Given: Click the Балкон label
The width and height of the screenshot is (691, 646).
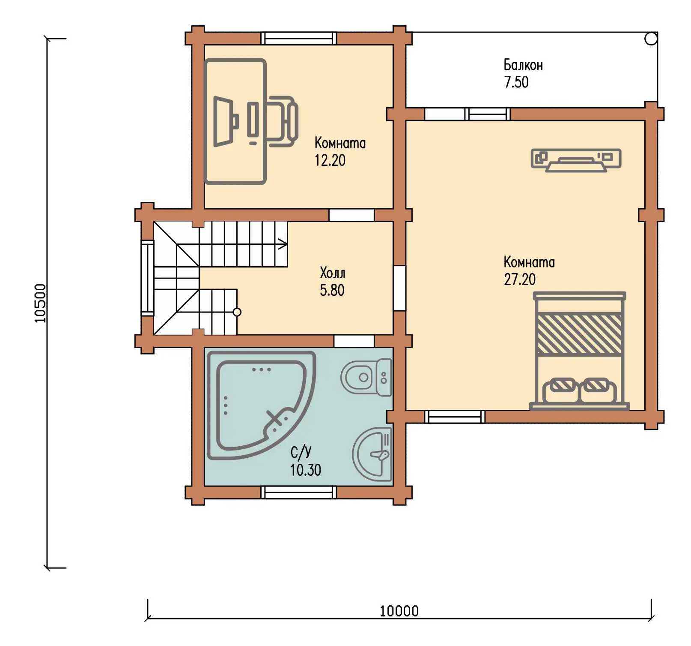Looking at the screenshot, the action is coord(523,65).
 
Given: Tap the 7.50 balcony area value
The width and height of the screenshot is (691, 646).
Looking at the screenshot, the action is coord(516,82).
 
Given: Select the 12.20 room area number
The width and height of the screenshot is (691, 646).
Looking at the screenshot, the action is coord(330,160).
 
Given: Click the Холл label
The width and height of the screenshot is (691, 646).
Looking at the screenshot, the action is coord(333,273).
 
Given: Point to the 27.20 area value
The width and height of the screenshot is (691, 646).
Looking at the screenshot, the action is coord(520,279).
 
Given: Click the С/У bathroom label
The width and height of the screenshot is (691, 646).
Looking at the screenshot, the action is coord(301,452).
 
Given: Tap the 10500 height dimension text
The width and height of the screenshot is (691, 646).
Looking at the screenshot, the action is coord(40,303).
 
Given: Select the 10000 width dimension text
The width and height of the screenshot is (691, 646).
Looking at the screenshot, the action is coord(399,611).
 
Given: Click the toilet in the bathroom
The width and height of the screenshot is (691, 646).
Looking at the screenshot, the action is coord(366,378).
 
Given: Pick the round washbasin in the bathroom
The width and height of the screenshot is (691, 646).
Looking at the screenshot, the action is coord(372,454).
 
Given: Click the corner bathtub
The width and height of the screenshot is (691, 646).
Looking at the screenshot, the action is coord(261,405).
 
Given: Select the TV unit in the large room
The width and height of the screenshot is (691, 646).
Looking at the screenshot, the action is coord(576,160).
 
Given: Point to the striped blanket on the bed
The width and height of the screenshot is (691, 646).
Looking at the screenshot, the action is coord(579,334).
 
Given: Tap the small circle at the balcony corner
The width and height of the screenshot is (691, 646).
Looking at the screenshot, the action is coord(651,39).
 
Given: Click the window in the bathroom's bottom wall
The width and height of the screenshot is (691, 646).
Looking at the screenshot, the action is coord(299,493).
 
